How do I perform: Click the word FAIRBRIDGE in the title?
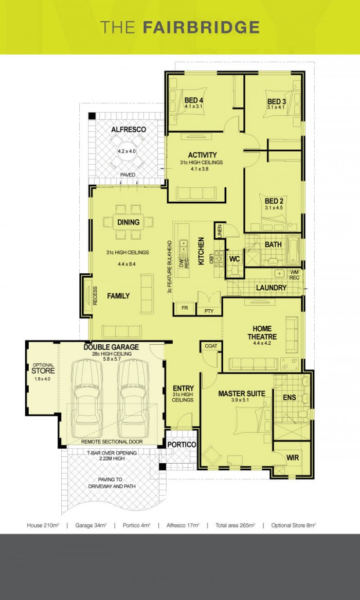pos(201,27)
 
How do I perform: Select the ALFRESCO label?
pos(129,130)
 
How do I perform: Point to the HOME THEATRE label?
pos(264,332)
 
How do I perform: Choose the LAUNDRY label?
pos(271,288)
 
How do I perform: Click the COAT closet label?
pos(211,346)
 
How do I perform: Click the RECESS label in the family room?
pos(95,296)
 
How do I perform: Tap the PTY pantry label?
pos(209,311)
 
